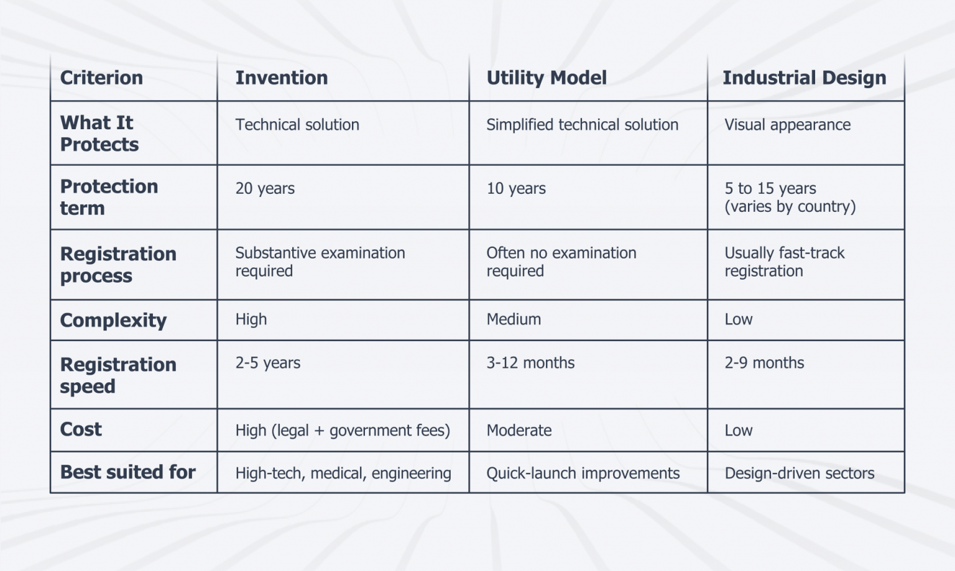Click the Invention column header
coord(281,78)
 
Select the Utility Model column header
coord(546,78)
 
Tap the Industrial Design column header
coord(804,78)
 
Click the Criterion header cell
coord(101,78)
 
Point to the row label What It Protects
coord(99,134)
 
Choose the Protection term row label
coord(109,197)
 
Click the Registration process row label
coord(118,265)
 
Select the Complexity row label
coord(113,320)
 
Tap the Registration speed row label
coord(118,375)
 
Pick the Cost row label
coord(81,429)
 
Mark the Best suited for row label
coord(127,472)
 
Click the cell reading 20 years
coord(265,188)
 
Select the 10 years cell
coord(516,188)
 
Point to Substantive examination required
coord(320,262)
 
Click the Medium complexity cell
coord(514,319)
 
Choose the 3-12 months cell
coord(530,363)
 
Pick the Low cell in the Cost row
coord(739,431)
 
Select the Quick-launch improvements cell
coord(583,473)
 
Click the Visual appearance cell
coord(787,125)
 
